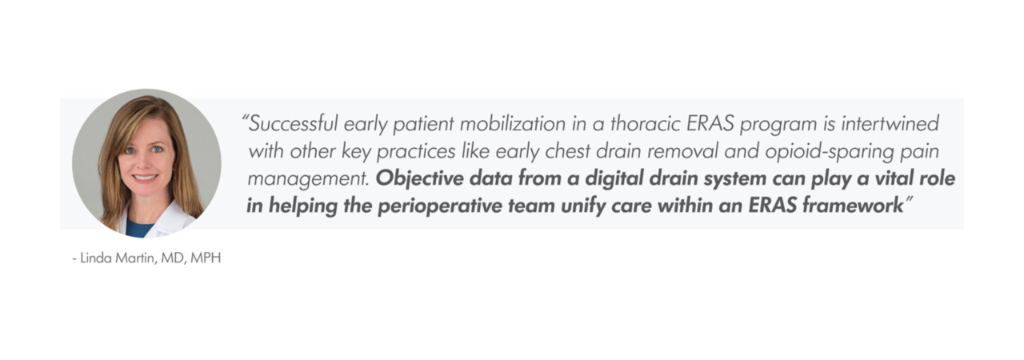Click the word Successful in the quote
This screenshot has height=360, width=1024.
coord(293,123)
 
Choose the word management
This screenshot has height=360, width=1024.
coord(308,179)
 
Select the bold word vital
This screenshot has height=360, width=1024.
coord(894,178)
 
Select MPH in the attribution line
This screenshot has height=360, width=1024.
coord(206,258)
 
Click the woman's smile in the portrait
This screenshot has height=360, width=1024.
coord(145,178)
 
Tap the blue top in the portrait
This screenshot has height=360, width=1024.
coord(140,228)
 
